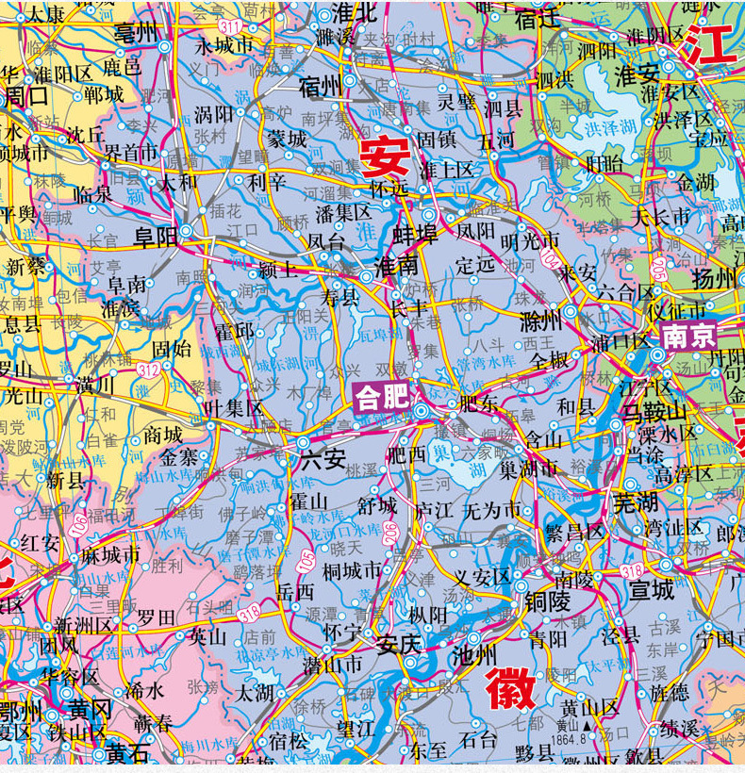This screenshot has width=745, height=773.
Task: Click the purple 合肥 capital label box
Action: tap(382, 398)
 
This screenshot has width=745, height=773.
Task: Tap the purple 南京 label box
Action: tap(690, 336)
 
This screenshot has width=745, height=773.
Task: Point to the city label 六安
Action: tap(323, 459)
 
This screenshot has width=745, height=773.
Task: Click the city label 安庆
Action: tap(397, 645)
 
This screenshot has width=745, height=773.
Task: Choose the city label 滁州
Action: tap(541, 321)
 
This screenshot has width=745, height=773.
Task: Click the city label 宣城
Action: tap(652, 590)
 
